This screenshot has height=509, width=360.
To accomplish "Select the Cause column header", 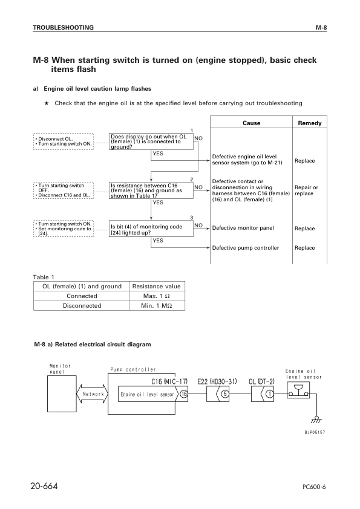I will [x=251, y=123].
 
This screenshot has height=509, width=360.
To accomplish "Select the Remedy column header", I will [x=310, y=123].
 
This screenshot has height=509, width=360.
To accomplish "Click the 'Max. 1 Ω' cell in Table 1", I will [x=157, y=296].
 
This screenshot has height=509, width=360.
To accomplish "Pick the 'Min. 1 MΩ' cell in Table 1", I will [x=157, y=305].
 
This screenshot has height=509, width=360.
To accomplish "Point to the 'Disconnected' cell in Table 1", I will [x=82, y=305].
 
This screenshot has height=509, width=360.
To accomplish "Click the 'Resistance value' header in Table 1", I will [x=157, y=286].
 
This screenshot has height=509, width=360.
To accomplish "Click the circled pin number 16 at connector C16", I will [x=183, y=394].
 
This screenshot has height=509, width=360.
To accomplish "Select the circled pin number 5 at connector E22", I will [x=224, y=394].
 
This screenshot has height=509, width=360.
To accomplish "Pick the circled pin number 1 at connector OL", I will [x=269, y=394].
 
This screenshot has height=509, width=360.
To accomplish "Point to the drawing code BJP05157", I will [x=315, y=432].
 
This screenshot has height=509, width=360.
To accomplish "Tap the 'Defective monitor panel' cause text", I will [x=242, y=229].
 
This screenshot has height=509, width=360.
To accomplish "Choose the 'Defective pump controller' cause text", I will [x=246, y=248].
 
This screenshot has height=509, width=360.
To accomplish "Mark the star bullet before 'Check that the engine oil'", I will [x=47, y=103].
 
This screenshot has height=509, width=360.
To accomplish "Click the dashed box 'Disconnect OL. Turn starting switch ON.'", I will [x=62, y=141].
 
